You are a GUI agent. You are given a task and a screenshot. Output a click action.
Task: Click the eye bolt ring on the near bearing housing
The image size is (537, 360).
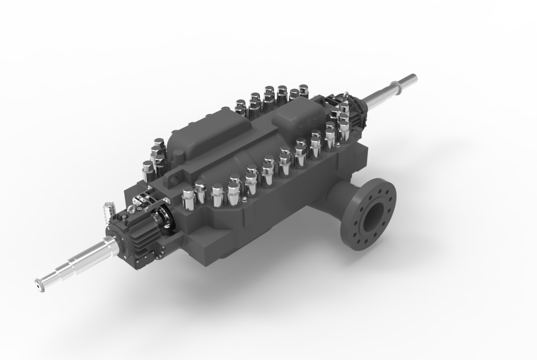tap(132, 209)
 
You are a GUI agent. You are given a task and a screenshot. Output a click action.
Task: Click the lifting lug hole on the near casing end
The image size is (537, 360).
tap(170, 181)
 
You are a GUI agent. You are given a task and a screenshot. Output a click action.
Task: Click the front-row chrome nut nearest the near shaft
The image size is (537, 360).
tap(188, 199)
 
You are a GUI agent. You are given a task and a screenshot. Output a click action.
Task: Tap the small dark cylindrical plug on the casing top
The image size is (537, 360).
tap(179, 157)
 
